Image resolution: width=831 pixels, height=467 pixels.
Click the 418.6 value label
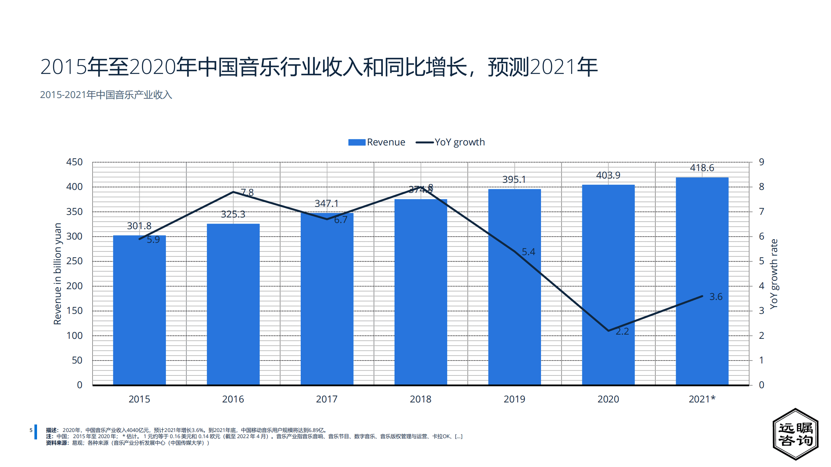point(702,168)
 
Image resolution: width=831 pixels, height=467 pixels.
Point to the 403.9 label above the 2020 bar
point(608,175)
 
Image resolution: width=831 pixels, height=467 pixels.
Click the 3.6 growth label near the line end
point(716,297)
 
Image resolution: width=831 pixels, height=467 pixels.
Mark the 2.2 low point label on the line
point(622,331)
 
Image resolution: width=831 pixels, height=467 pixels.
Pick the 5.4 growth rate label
point(528,252)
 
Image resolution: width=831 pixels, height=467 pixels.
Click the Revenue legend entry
point(377,142)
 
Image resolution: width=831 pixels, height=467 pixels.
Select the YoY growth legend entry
point(450,142)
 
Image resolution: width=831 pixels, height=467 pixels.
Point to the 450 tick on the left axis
point(74,162)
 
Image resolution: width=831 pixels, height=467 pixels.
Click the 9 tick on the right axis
point(761,162)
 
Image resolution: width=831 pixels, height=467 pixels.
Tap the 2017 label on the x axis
point(327,399)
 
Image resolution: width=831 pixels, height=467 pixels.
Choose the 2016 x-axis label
point(233,399)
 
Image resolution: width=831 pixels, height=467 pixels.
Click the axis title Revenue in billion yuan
point(57,274)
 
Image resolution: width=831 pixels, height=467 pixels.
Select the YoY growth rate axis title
point(774,274)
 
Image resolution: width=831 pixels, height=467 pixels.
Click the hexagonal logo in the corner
point(795,434)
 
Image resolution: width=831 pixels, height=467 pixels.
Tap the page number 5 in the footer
point(31,430)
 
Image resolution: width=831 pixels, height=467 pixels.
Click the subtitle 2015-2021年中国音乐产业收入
point(106,95)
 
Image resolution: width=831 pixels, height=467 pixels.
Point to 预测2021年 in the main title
point(542,67)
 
